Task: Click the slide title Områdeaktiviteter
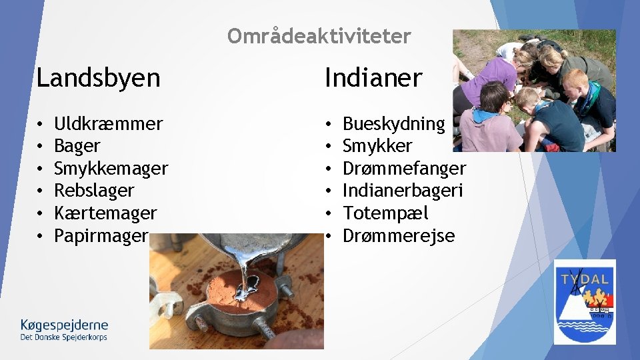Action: tap(319, 36)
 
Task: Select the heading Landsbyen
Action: tap(98, 78)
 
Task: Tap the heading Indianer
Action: tap(373, 78)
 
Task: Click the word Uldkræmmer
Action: tap(108, 123)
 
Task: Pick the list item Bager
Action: tap(77, 146)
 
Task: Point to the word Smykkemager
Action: tap(111, 168)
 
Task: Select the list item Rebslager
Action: tap(94, 191)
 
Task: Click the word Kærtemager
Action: tap(105, 213)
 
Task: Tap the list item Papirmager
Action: tap(101, 235)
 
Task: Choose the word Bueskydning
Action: tap(393, 123)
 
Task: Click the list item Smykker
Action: tap(377, 146)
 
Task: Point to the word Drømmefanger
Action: tap(404, 168)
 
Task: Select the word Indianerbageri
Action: tap(403, 191)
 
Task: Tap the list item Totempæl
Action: tap(385, 213)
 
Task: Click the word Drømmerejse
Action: tap(399, 235)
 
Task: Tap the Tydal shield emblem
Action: tap(585, 301)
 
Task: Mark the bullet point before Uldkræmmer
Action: tap(41, 124)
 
